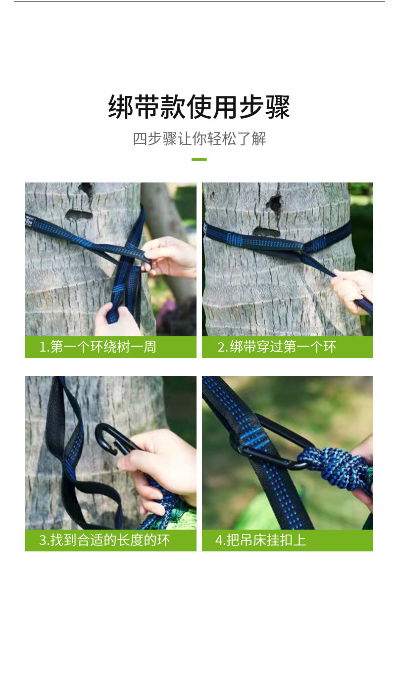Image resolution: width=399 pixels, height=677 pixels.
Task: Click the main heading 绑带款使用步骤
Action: coord(199,107)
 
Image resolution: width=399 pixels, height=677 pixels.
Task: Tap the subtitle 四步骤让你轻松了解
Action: coord(199,139)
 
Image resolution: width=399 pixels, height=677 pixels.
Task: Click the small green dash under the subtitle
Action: coord(199,159)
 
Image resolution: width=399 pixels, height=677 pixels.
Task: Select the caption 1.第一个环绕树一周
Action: coord(98,347)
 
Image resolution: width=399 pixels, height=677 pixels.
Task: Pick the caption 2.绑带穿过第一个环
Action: coord(277,347)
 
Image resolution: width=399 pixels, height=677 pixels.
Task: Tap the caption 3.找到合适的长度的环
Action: coord(104,540)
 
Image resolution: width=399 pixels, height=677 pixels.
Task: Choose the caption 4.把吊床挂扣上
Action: coord(260,540)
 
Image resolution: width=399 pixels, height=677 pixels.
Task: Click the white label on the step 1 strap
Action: coord(29,222)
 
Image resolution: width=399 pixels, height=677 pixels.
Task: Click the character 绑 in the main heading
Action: coord(120,107)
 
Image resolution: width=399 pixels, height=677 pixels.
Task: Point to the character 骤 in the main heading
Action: coord(278,107)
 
